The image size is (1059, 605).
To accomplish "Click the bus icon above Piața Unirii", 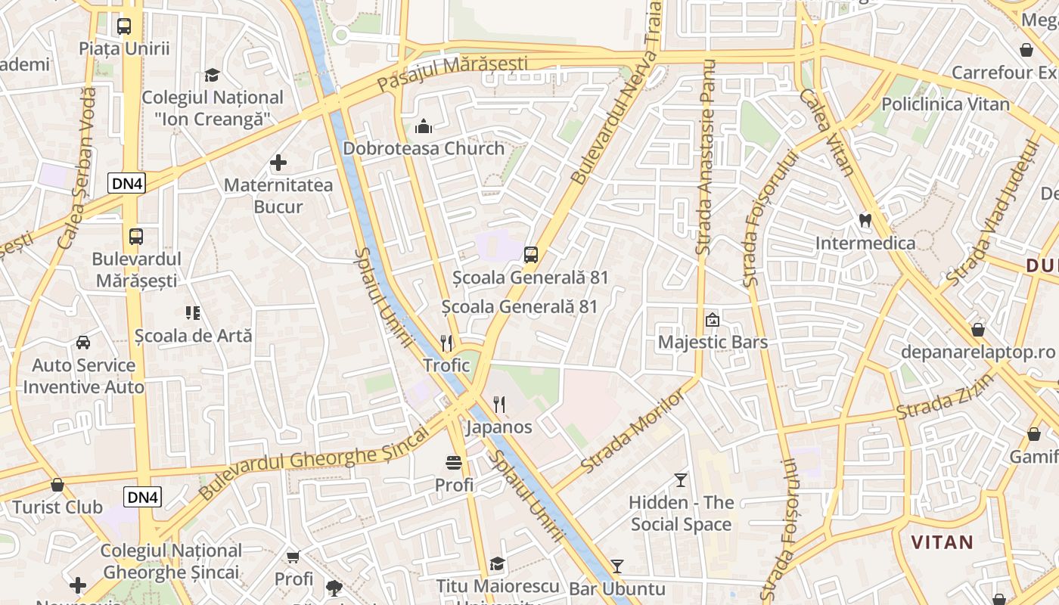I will point(124,26).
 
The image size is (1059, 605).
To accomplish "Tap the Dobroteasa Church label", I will point(424,148).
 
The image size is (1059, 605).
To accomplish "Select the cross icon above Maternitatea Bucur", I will point(278,163).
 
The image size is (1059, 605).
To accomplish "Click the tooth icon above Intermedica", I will point(865,221).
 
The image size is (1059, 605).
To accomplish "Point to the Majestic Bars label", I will point(713,342).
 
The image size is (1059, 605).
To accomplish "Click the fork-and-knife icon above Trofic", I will point(446,343).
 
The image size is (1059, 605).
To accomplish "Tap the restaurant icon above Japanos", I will point(498,405).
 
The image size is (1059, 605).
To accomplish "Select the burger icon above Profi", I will point(454,463).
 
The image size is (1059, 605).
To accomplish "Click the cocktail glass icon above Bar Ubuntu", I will point(617,566).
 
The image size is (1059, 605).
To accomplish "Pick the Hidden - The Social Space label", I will point(681,513).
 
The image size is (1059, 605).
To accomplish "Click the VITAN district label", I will point(942,542).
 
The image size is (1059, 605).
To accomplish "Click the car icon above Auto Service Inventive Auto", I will point(83,343).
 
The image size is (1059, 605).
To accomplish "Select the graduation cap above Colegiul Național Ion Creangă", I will point(213,75).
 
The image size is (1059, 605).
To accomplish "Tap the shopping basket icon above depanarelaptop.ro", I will point(978,330).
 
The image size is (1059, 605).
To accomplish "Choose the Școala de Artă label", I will point(193,335).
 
